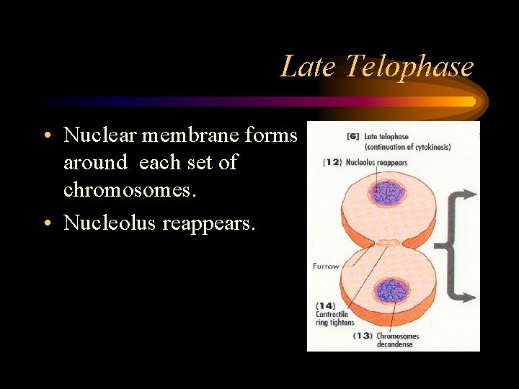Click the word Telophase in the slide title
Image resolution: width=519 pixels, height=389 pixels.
point(409,66)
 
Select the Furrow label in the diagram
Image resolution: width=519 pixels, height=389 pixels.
point(326,267)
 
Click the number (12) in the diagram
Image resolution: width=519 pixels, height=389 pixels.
point(332,162)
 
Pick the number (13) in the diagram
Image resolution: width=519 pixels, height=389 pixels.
point(363,336)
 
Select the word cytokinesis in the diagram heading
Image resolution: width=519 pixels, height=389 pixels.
point(430,148)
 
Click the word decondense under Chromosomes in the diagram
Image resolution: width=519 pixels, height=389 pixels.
point(395,344)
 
